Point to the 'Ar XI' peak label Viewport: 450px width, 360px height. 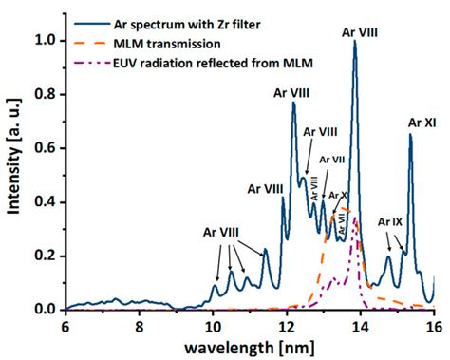pos(422,123)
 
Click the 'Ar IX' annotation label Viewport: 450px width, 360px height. pos(391,221)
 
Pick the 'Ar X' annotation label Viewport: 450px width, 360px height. pos(338,196)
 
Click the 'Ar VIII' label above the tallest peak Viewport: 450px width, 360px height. pos(360,31)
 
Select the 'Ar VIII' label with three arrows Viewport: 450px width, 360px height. pos(220,232)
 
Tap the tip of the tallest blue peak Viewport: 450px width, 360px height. pos(354,42)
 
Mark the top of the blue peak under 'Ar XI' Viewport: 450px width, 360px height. pos(410,135)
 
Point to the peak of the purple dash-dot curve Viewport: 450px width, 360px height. pos(354,219)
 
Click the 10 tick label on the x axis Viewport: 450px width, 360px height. pos(213,325)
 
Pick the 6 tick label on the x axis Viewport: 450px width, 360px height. pos(65,325)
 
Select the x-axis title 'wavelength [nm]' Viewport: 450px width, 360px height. pos(250,345)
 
